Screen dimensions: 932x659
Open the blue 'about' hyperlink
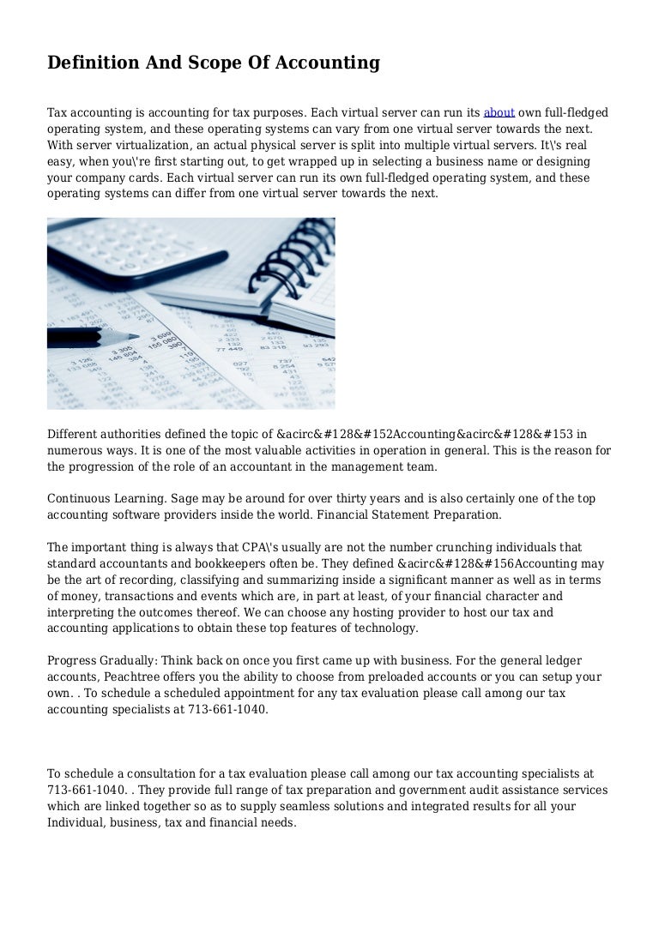tap(499, 112)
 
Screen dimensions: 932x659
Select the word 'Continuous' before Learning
tap(80, 499)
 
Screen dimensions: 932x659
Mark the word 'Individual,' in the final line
tap(81, 822)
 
